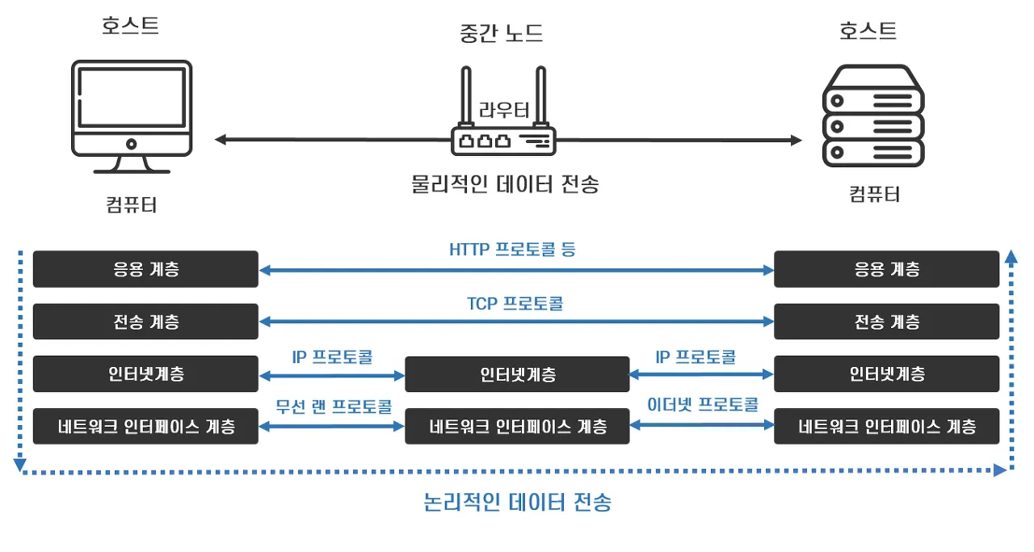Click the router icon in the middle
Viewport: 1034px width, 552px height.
coord(503,129)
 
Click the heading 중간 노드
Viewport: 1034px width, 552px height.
coord(501,33)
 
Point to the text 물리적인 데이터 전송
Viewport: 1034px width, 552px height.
coord(505,184)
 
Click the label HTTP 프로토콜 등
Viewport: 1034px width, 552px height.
coord(512,249)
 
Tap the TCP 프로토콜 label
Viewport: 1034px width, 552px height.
coord(515,304)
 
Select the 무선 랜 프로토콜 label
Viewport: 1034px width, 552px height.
coord(334,405)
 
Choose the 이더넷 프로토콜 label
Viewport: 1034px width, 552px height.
coord(703,404)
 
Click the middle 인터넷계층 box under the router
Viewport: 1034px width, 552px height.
coord(516,375)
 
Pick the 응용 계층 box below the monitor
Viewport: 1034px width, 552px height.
coord(145,269)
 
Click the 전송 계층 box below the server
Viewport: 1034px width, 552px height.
coord(886,322)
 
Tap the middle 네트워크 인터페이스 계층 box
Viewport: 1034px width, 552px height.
coord(516,426)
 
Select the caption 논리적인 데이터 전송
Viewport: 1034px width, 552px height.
coord(518,503)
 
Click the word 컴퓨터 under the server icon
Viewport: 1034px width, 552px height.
coord(874,194)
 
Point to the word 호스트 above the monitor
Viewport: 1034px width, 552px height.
coord(130,26)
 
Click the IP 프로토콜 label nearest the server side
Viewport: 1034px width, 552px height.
coord(696,356)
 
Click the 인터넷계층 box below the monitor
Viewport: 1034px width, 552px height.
coord(145,374)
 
